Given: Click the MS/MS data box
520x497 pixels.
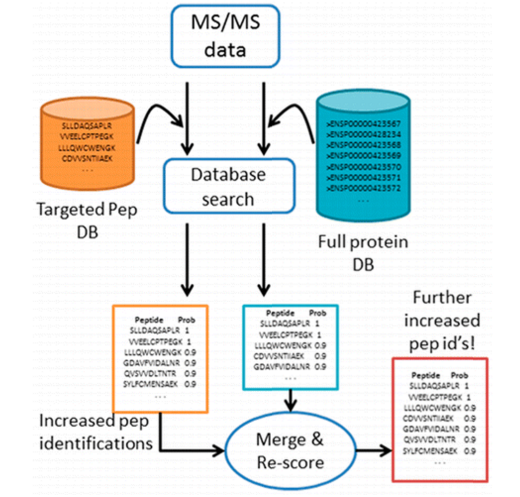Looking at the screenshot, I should [225, 36].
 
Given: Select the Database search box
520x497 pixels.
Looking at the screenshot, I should [229, 186].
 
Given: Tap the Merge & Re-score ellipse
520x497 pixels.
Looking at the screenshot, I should [290, 451].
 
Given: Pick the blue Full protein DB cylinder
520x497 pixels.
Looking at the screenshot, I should [363, 155].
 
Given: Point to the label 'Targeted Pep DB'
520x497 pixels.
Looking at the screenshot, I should [87, 220].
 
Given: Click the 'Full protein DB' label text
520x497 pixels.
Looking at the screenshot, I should [363, 252].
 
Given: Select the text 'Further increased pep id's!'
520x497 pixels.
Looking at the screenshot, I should [442, 321].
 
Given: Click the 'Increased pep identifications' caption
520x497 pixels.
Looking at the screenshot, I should [95, 432].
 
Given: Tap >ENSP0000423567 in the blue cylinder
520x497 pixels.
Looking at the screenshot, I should [364, 124].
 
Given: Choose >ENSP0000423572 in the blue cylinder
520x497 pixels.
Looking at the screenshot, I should [364, 188].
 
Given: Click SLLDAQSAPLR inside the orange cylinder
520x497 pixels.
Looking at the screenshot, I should [87, 126].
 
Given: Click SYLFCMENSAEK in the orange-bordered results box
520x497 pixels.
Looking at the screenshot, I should [150, 384].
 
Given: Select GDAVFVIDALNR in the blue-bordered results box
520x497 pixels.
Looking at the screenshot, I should [282, 367].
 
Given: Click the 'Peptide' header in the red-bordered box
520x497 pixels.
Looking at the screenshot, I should [426, 375].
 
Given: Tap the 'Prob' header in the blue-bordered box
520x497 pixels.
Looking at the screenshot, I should [318, 313].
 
